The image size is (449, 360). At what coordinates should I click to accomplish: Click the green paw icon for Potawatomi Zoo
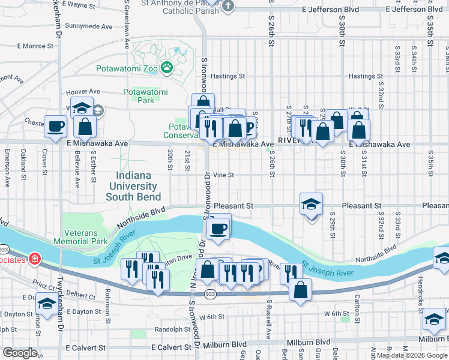coord(166,68)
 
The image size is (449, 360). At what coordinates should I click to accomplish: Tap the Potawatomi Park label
coord(145,96)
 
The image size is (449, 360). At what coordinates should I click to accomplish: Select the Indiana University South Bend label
coord(133,187)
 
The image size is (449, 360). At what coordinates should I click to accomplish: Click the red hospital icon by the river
coord(35,259)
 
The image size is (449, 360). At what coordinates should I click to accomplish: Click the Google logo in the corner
coord(19,353)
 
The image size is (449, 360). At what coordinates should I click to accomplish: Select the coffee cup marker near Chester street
coord(56,127)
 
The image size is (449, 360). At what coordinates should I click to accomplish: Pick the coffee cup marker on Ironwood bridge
coord(218,229)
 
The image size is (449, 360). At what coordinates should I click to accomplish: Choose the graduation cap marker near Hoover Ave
coord(82,109)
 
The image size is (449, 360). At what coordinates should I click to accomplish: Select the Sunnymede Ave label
coord(89,26)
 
